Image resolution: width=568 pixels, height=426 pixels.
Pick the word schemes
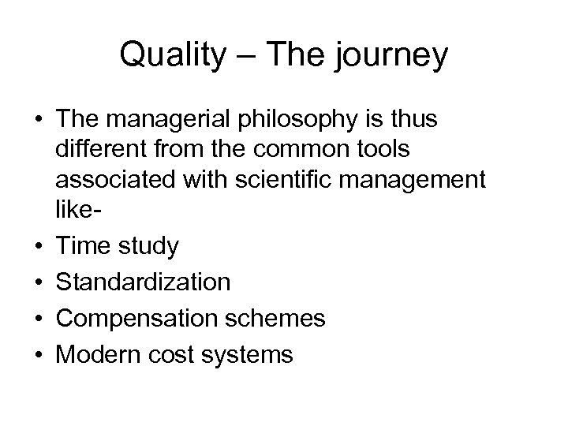[x=286, y=318]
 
